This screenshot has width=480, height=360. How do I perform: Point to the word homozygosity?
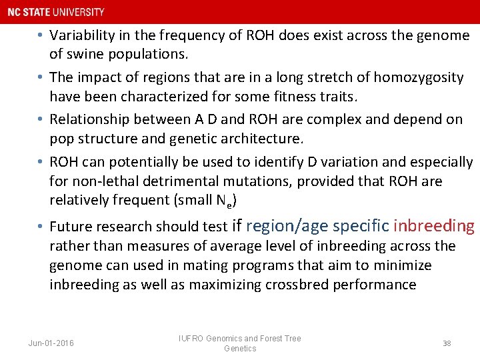tap(418, 77)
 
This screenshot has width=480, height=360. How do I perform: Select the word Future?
tap(71, 227)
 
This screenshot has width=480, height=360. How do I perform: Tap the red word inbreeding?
tap(434, 226)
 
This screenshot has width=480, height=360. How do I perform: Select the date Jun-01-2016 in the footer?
tap(51, 343)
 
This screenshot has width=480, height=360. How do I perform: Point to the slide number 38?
tap(447, 343)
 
